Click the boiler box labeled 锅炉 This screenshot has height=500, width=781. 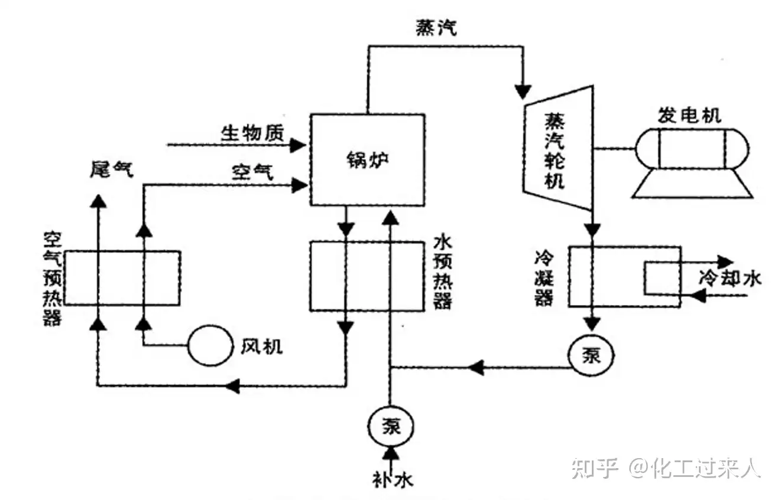[367, 159]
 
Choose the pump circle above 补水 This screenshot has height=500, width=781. [390, 426]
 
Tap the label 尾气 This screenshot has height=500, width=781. [111, 169]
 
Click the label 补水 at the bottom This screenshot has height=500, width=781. [389, 479]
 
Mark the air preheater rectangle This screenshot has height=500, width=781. [122, 277]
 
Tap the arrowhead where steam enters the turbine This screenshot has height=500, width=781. [523, 91]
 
